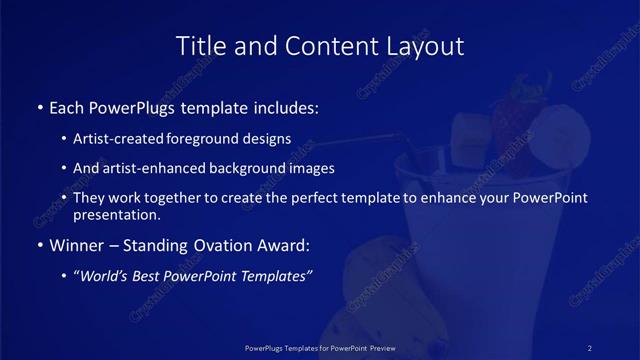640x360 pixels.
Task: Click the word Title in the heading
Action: point(200,46)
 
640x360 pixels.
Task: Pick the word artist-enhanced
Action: point(149,168)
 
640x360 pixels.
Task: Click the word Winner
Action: point(78,245)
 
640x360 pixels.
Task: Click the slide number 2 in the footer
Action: point(590,347)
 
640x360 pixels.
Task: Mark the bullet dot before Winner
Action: point(39,245)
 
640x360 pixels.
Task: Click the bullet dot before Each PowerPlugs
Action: point(39,106)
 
